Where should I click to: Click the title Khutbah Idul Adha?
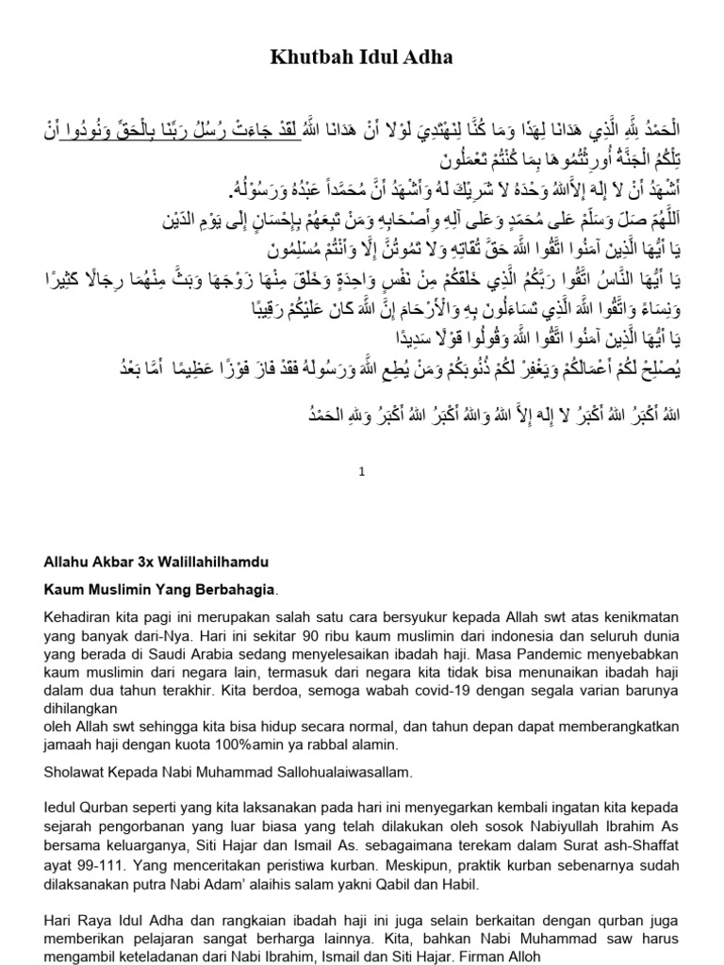point(361,57)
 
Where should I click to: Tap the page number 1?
point(361,475)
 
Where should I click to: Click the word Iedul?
point(61,808)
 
